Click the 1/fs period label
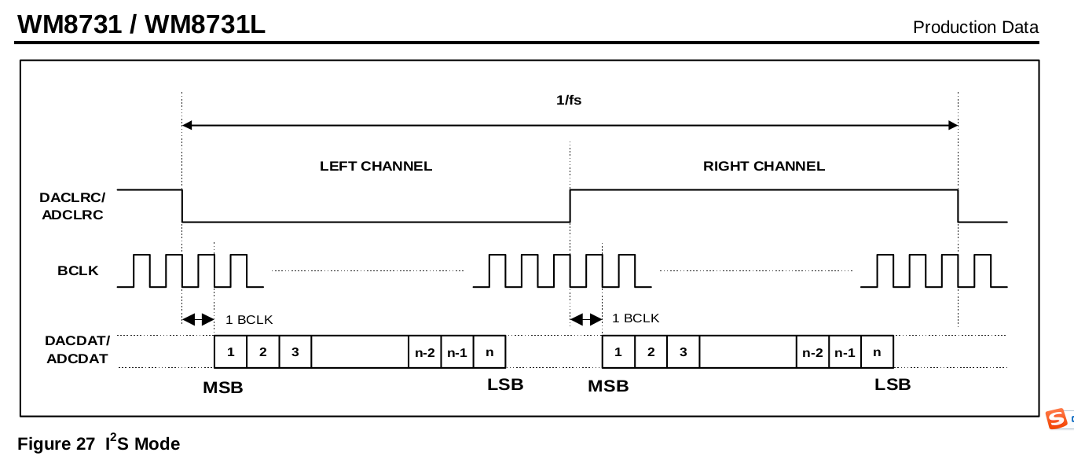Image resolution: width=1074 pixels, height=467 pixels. [x=569, y=100]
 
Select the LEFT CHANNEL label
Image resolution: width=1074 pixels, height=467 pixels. [x=376, y=166]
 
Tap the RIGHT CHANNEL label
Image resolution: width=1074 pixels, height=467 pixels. [x=764, y=166]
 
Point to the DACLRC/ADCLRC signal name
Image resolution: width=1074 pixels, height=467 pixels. [x=71, y=206]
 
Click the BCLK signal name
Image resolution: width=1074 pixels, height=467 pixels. [x=78, y=271]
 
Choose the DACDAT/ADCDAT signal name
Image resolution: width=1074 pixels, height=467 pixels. [x=77, y=350]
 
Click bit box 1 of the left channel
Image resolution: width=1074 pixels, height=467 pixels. [x=230, y=351]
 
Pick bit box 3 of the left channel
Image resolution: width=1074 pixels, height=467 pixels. [x=295, y=351]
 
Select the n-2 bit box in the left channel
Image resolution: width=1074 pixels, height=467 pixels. [x=424, y=352]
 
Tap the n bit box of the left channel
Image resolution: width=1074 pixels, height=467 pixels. [x=489, y=351]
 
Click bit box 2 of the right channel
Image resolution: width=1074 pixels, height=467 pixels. [x=651, y=351]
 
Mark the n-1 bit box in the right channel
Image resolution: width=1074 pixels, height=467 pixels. [x=845, y=352]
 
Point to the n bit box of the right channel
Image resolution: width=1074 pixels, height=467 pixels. [x=877, y=351]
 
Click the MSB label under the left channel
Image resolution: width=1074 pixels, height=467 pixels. [x=223, y=387]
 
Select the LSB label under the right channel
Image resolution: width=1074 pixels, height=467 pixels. [x=893, y=384]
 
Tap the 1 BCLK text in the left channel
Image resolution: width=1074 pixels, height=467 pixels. [x=249, y=319]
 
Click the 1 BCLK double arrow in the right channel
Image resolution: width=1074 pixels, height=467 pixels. [x=586, y=318]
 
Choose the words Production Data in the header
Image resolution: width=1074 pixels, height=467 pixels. [x=975, y=28]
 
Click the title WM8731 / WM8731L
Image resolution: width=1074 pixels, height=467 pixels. [x=141, y=24]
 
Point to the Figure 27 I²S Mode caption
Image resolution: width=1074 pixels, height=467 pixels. [x=98, y=443]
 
